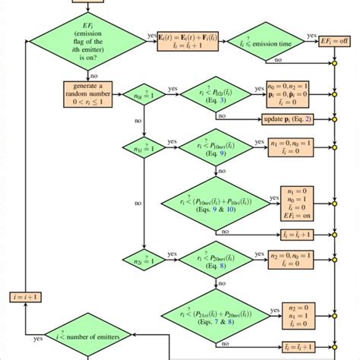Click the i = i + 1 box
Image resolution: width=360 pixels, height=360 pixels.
[26, 296]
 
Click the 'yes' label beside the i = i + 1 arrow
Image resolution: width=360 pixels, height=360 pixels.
[37, 339]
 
